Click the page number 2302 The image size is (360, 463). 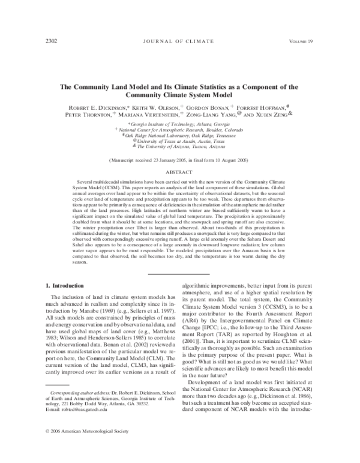[x=52, y=41]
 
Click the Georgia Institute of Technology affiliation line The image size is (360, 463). [x=179, y=123]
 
